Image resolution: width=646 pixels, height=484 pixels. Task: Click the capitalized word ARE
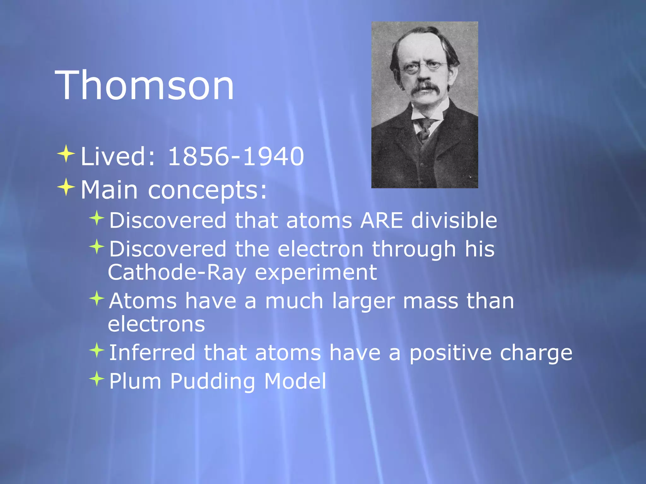[x=382, y=220]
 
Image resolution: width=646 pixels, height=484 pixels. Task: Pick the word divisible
[x=454, y=220]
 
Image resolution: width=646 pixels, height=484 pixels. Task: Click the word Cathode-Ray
[x=177, y=272]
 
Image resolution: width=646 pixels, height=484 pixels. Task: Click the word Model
[x=295, y=381]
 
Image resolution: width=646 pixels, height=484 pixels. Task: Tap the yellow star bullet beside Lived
[x=66, y=154]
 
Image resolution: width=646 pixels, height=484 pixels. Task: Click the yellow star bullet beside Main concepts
[x=66, y=187]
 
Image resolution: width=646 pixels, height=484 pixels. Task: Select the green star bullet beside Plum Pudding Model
[x=97, y=378]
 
